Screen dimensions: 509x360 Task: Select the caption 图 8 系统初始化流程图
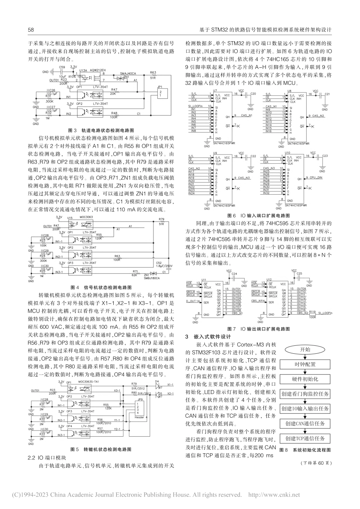[305, 450]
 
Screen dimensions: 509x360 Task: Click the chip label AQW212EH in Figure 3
[97, 70]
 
